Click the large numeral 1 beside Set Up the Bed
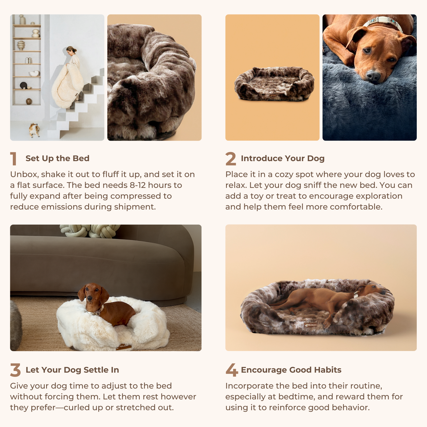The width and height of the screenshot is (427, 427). [13, 159]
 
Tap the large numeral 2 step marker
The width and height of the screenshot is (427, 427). [231, 159]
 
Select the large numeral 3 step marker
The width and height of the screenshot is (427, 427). [15, 370]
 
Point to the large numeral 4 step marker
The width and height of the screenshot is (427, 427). [232, 370]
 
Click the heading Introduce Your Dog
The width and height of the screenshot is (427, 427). [283, 158]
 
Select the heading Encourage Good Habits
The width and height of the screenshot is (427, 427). [291, 370]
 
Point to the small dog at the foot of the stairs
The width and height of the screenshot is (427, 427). [34, 130]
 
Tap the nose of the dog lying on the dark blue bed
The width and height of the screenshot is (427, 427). [373, 76]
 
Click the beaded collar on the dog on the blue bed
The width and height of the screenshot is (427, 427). [384, 23]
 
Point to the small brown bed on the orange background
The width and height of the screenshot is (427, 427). [274, 84]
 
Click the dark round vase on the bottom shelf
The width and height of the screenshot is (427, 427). [29, 101]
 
